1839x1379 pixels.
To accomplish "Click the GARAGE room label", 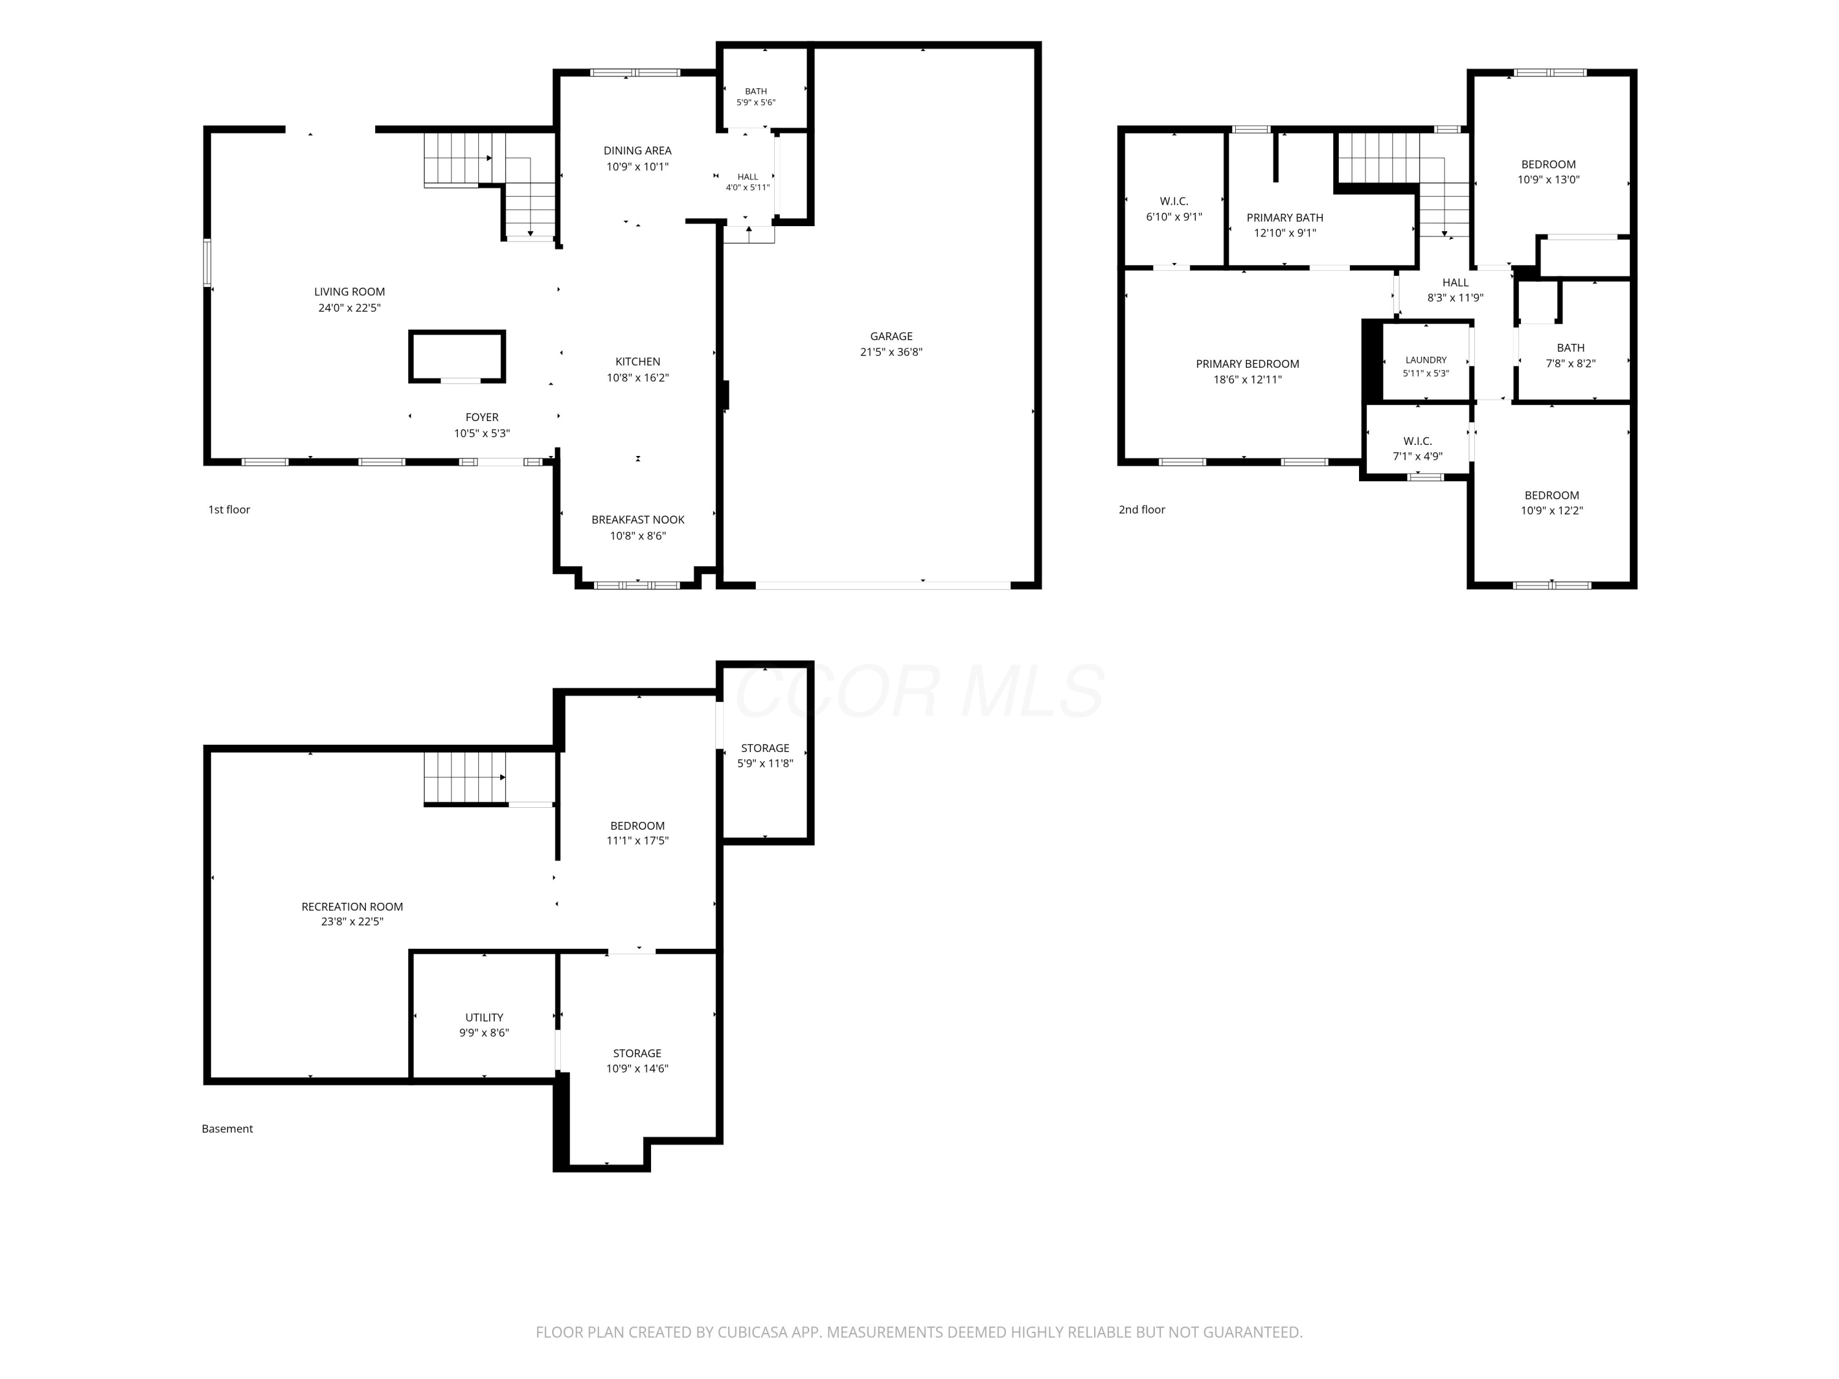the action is click(x=891, y=336).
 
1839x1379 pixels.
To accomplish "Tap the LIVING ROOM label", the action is click(x=349, y=292).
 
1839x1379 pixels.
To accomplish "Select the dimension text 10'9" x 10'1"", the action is click(x=638, y=166).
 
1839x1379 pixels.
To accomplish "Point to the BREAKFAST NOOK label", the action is click(x=638, y=520).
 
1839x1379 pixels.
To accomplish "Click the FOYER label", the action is click(x=482, y=417).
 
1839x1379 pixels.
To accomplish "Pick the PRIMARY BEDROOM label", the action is click(x=1247, y=364).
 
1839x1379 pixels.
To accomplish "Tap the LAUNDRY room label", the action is click(x=1426, y=360).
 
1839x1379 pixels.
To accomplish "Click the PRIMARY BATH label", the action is click(x=1284, y=218).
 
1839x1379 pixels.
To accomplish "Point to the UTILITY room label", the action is click(x=484, y=1017).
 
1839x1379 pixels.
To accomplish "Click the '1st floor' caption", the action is click(x=229, y=509).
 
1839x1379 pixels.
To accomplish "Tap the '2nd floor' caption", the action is click(x=1141, y=509).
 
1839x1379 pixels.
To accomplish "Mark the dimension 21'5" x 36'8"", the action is click(x=891, y=352).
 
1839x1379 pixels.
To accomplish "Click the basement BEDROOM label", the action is click(x=638, y=826).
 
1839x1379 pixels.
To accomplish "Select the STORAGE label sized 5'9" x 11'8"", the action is click(x=765, y=748).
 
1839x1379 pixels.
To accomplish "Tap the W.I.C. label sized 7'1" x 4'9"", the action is click(x=1417, y=441).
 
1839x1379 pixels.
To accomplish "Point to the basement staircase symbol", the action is click(x=465, y=778).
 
